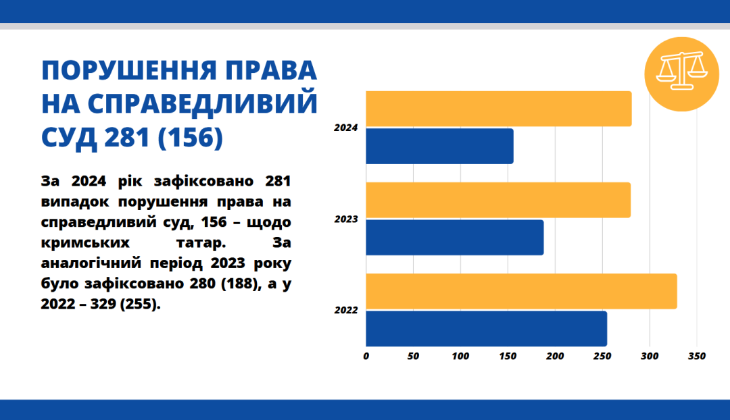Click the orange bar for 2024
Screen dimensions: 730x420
[x=499, y=109]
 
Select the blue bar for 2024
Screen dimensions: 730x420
[x=439, y=146]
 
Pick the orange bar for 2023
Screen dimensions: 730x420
[x=498, y=200]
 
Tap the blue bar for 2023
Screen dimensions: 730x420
[x=455, y=238]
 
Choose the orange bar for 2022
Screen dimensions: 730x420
[x=521, y=291]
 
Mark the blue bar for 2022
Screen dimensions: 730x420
[x=487, y=329]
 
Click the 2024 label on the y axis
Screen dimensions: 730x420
[x=346, y=128]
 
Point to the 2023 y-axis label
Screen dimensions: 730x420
[x=346, y=219]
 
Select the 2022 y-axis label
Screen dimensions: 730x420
[x=346, y=310]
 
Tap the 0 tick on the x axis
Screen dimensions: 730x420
[x=366, y=357]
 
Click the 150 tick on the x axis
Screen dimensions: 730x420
[x=508, y=357]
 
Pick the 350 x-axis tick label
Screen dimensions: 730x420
[x=697, y=357]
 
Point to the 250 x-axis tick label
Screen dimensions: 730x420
[x=602, y=357]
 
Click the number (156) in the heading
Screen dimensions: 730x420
[x=191, y=138]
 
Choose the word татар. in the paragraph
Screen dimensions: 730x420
[x=201, y=243]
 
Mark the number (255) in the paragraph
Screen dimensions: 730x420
[x=140, y=304]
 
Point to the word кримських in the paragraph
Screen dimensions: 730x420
[x=85, y=243]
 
